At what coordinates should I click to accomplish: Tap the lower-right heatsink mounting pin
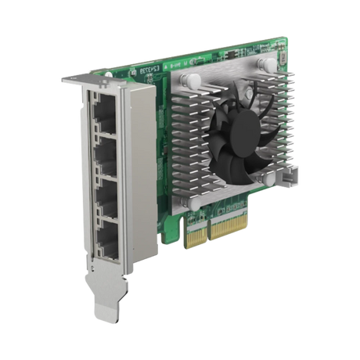(270, 178)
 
